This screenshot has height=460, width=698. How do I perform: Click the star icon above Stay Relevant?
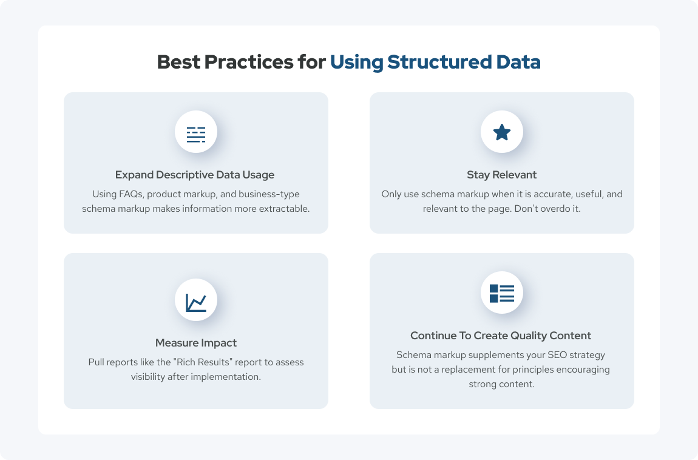(x=502, y=132)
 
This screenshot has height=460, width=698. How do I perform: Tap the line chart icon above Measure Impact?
(x=196, y=302)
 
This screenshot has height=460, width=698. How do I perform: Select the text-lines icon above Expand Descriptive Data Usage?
(x=196, y=134)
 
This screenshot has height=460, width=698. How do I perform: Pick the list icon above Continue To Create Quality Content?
(x=502, y=294)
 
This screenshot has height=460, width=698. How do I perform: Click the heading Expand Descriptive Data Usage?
(x=195, y=175)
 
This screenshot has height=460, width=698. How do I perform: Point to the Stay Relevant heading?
(x=502, y=175)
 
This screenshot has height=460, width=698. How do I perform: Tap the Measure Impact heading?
(x=196, y=343)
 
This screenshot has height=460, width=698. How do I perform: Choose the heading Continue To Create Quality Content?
(x=501, y=336)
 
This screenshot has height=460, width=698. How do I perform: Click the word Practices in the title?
(x=249, y=62)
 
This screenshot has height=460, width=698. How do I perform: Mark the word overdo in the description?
(x=555, y=209)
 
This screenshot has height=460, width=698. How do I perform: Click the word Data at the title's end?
(x=518, y=62)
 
